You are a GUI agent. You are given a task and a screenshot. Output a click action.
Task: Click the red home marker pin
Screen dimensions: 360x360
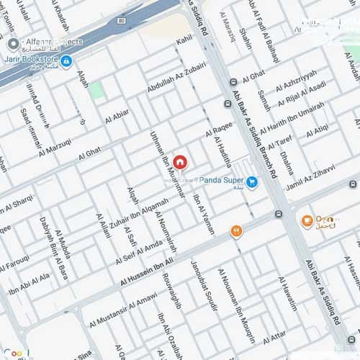point(179,162)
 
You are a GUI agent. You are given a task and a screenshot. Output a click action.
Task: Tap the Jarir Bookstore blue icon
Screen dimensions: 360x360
point(66,62)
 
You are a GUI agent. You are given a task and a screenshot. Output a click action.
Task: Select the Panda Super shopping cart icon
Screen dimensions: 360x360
point(252,182)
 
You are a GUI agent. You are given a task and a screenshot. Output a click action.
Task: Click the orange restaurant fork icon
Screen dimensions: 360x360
point(235,230)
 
